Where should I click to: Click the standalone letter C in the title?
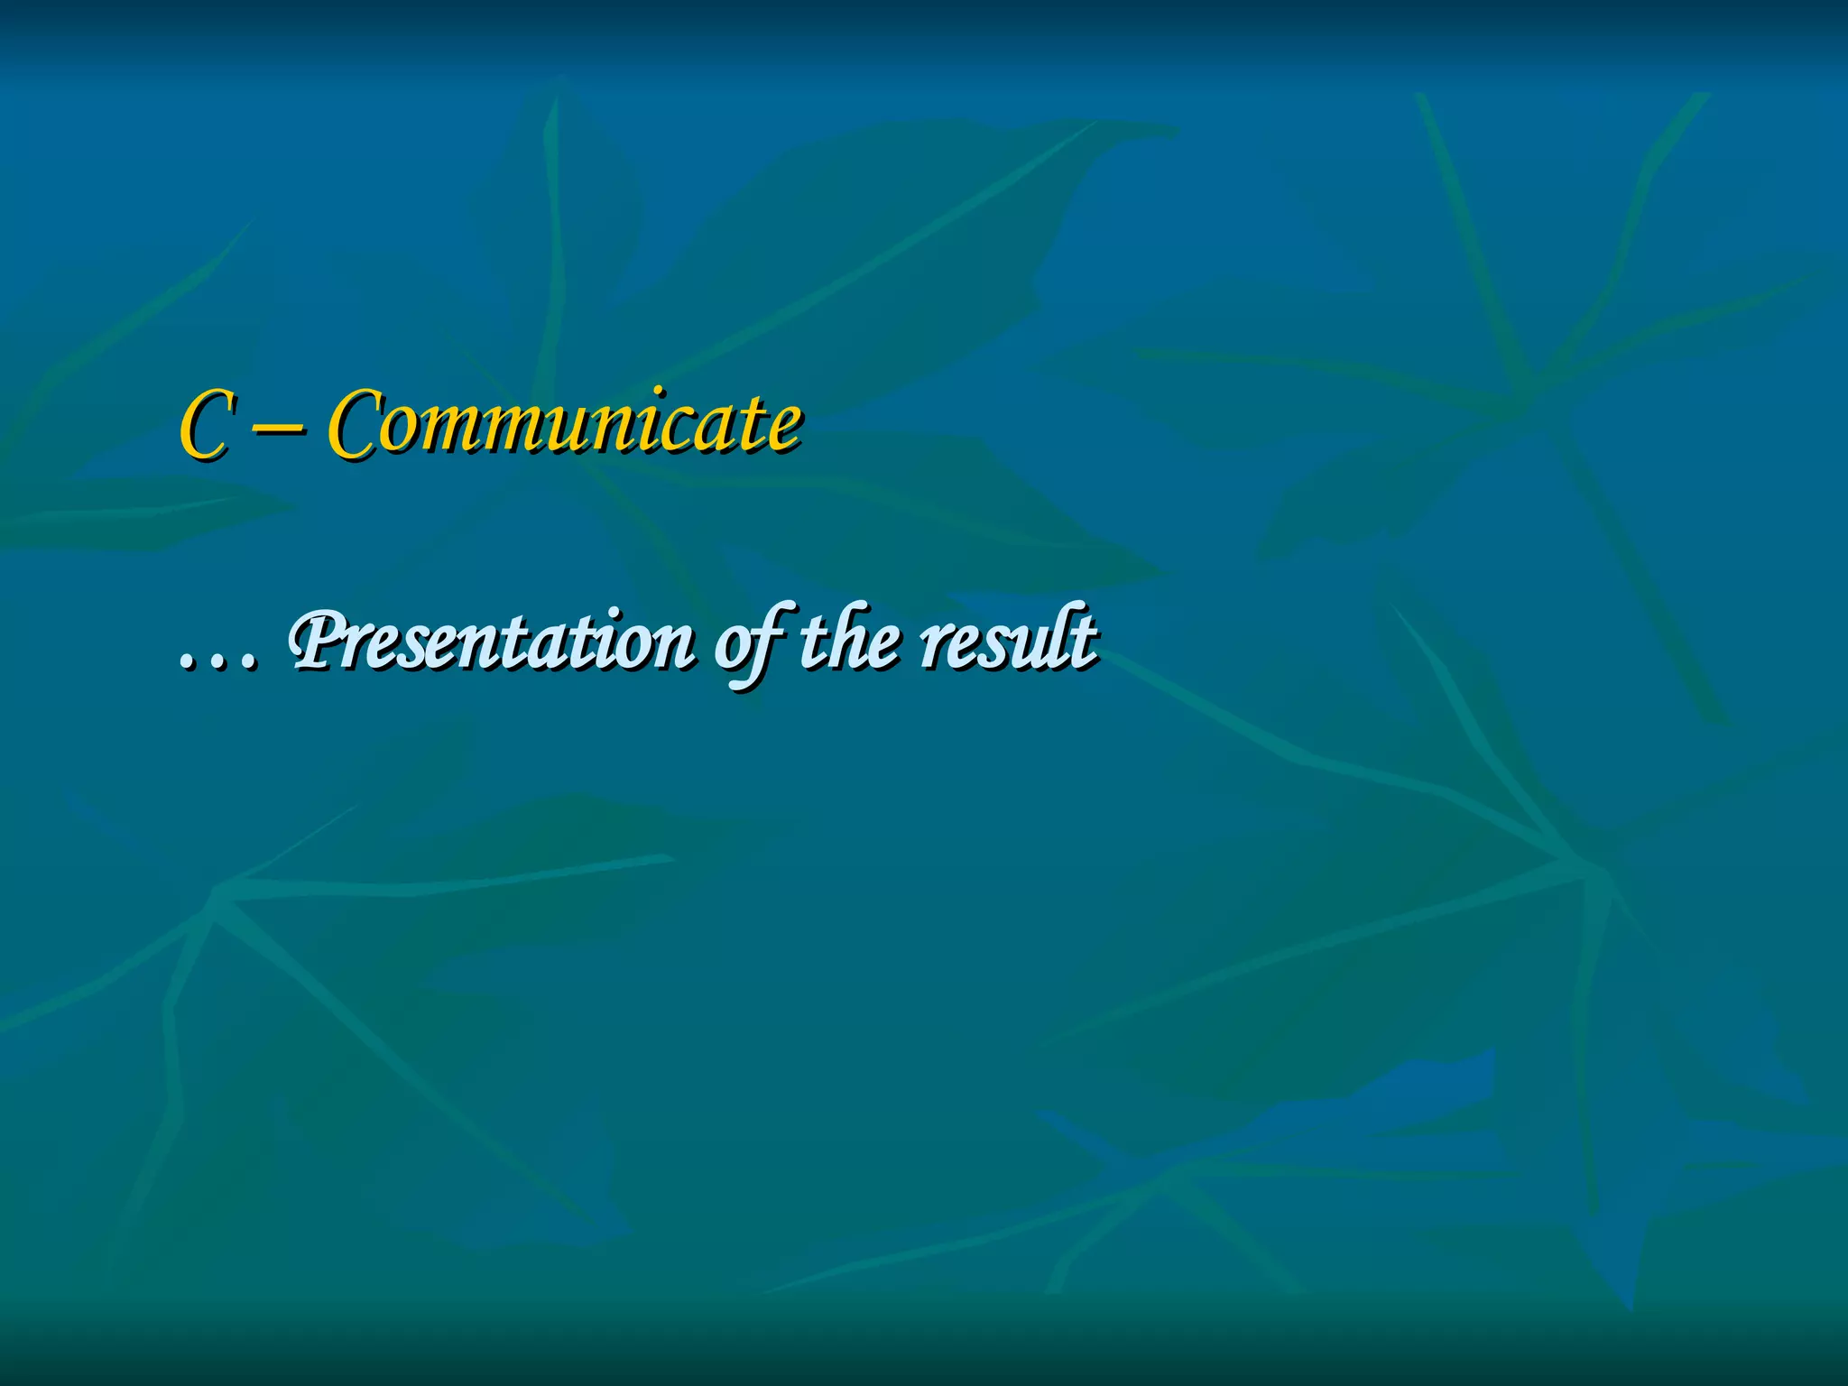206,424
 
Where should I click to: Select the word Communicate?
564,422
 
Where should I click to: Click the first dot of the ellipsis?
187,666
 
